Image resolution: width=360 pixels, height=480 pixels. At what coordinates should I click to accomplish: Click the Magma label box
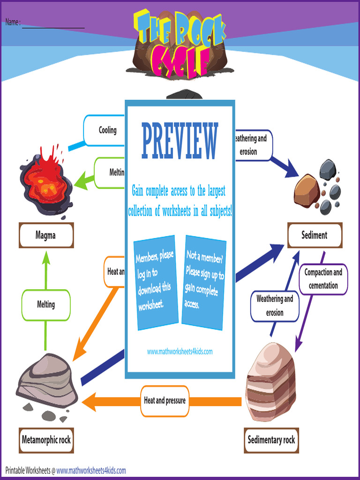pyautogui.click(x=46, y=235)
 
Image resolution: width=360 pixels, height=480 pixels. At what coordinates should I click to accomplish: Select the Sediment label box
pyautogui.click(x=315, y=235)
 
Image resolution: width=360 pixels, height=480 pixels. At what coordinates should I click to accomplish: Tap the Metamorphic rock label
pyautogui.click(x=46, y=440)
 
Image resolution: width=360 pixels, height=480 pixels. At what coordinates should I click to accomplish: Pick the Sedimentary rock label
pyautogui.click(x=271, y=440)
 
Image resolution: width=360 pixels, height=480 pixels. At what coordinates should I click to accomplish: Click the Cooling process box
pyautogui.click(x=107, y=130)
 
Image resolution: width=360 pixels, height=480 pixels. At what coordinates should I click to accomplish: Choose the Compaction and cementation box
pyautogui.click(x=323, y=279)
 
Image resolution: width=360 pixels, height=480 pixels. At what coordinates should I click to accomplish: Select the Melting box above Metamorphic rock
pyautogui.click(x=46, y=305)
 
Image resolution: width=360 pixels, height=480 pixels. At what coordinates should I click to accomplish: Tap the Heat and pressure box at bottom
pyautogui.click(x=165, y=401)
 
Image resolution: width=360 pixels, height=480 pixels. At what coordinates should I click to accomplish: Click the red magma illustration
pyautogui.click(x=45, y=180)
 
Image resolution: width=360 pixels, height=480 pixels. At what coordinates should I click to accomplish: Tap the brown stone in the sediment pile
pyautogui.click(x=307, y=190)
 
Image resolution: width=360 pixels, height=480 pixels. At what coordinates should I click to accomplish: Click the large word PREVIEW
pyautogui.click(x=180, y=141)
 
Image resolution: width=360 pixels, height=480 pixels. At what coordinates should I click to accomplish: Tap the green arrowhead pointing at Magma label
pyautogui.click(x=46, y=257)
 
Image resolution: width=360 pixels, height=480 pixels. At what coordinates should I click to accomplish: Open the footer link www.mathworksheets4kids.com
pyautogui.click(x=91, y=470)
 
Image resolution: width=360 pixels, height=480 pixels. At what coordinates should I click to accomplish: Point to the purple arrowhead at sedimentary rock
pyautogui.click(x=297, y=347)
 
